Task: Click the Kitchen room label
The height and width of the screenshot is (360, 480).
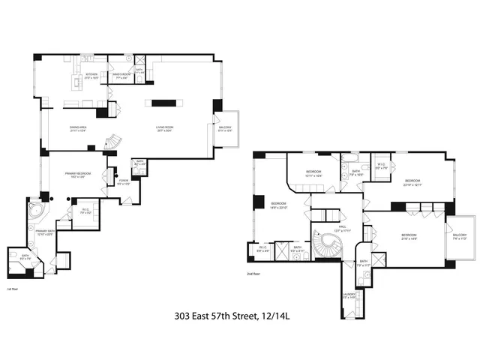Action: click(91, 76)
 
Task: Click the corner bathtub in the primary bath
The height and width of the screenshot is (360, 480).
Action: click(36, 209)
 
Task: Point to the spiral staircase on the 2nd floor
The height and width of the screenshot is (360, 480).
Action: click(327, 244)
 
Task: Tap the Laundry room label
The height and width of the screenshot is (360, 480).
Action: click(349, 296)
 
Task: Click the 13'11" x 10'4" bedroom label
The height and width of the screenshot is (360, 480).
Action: click(313, 174)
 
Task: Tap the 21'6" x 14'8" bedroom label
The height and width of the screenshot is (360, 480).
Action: click(409, 238)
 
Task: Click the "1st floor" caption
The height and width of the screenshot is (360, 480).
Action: click(12, 288)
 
